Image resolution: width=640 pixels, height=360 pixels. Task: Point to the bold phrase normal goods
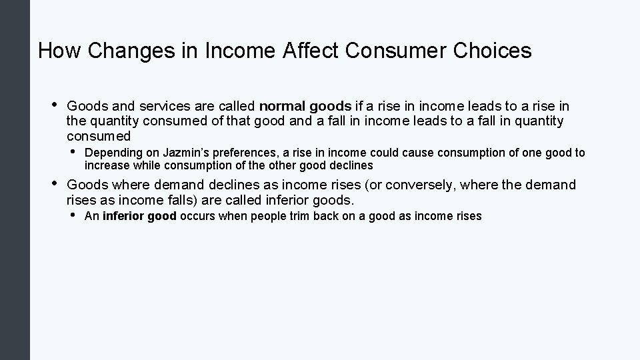(x=305, y=106)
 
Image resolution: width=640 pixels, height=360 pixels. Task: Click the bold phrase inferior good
(x=139, y=216)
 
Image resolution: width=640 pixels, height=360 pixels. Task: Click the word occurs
(x=198, y=216)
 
